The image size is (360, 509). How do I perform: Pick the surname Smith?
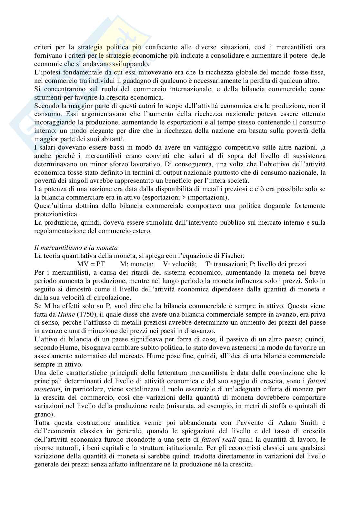[308, 423]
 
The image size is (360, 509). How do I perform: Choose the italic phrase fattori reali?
[216, 439]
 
